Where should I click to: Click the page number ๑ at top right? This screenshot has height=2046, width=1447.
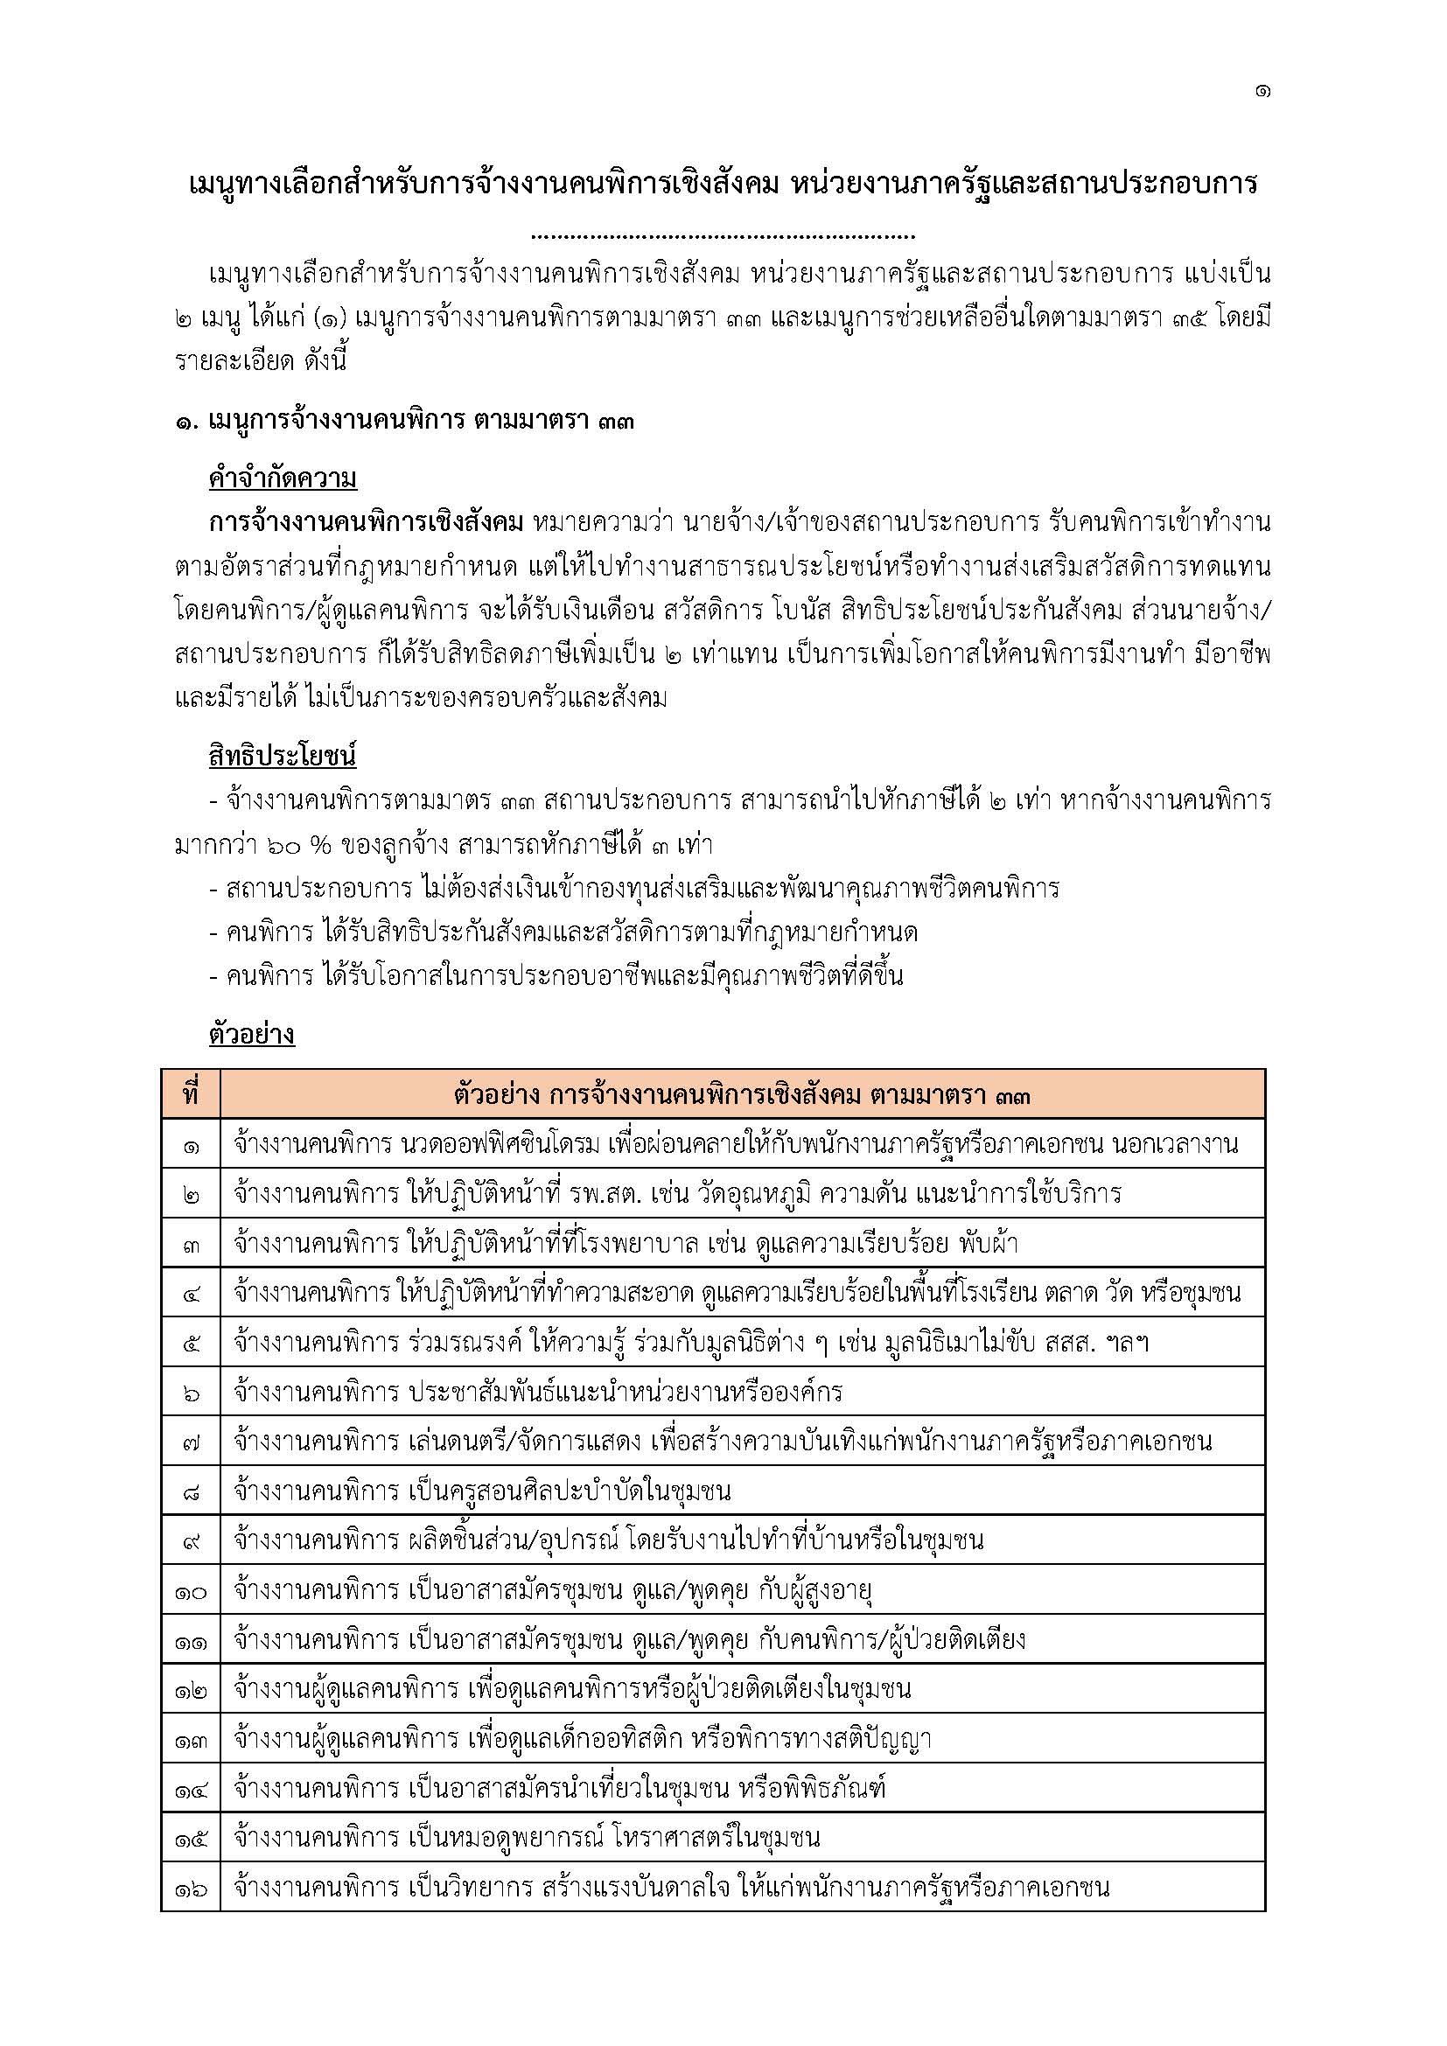coord(1262,91)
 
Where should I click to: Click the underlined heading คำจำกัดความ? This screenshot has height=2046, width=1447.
coord(283,478)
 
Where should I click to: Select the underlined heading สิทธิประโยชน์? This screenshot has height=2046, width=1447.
coord(283,757)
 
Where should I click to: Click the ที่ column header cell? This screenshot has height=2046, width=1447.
coord(191,1094)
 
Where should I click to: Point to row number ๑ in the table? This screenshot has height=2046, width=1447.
coord(191,1144)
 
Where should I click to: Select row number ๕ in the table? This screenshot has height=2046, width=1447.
coord(191,1342)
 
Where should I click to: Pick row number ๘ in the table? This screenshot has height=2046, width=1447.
coord(191,1491)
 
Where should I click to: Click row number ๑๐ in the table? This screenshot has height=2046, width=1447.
coord(191,1589)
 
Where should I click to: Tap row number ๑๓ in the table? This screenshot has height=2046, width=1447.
coord(191,1739)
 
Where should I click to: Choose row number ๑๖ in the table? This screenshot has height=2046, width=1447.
coord(191,1888)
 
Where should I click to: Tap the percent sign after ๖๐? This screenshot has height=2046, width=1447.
coord(318,844)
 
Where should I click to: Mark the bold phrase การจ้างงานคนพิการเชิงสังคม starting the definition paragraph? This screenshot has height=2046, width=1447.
coord(366,522)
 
